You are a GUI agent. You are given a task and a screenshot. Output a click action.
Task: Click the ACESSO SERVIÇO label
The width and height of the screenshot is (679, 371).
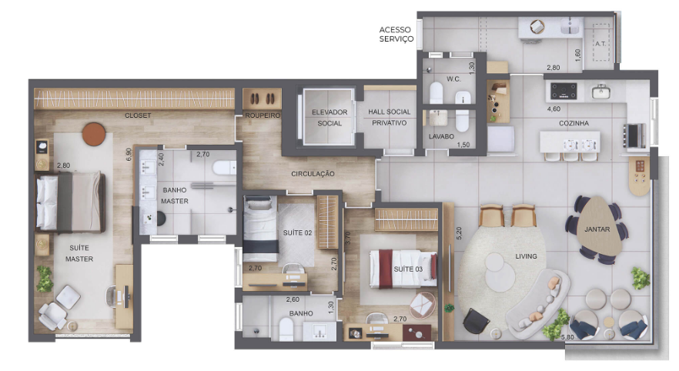(x=396, y=34)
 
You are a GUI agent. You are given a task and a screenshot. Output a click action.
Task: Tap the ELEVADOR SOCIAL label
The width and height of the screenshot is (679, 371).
(x=329, y=118)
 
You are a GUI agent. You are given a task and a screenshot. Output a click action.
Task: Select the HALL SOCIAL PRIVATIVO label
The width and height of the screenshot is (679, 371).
(x=390, y=117)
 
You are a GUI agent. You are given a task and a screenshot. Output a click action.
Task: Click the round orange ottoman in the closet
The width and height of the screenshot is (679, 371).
(x=94, y=134)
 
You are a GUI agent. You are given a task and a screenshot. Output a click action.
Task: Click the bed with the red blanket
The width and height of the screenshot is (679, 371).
(x=403, y=269)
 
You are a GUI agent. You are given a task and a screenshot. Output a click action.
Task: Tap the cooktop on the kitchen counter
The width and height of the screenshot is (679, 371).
(x=564, y=92)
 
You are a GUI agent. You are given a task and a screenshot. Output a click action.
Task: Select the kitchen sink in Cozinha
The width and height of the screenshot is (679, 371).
(x=601, y=92)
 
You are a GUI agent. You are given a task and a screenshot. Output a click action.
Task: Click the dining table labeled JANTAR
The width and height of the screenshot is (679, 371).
(x=599, y=226)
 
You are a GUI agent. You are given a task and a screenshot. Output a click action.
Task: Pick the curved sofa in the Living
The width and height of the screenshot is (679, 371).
(x=538, y=304)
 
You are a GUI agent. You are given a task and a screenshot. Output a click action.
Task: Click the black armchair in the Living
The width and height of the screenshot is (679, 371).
(x=476, y=322)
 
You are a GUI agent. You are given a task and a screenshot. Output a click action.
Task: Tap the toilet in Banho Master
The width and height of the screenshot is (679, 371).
(x=224, y=168)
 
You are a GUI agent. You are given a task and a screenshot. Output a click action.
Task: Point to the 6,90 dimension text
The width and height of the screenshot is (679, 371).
(x=128, y=155)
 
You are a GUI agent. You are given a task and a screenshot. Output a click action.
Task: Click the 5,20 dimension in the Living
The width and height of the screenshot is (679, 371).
(x=459, y=233)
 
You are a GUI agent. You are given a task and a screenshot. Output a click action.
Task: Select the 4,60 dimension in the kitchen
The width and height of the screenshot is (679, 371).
(x=554, y=109)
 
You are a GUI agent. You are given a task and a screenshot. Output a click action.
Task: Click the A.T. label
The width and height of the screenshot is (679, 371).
(x=600, y=44)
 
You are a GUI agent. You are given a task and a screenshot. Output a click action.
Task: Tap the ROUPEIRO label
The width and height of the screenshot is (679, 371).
(x=263, y=115)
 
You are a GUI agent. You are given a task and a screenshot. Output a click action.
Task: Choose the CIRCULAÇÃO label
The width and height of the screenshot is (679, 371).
(x=313, y=174)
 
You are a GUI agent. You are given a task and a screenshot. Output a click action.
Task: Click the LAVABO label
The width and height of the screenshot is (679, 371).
(x=441, y=136)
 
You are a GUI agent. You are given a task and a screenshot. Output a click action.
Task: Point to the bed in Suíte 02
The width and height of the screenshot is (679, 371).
(x=260, y=229)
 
